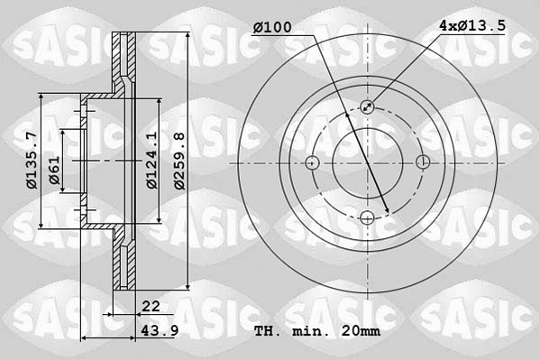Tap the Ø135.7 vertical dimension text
pyautogui.click(x=31, y=161)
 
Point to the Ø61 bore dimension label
pyautogui.click(x=55, y=171)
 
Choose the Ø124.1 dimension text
pyautogui.click(x=152, y=161)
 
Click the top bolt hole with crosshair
pyautogui.click(x=368, y=106)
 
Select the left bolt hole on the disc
pyautogui.click(x=313, y=162)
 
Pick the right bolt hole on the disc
pyautogui.click(x=424, y=162)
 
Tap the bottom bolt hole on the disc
pyautogui.click(x=368, y=217)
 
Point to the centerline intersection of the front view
pyautogui.click(x=368, y=162)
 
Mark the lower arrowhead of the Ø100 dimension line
pyautogui.click(x=387, y=212)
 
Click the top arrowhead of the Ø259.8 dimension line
pyautogui.click(x=188, y=38)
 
